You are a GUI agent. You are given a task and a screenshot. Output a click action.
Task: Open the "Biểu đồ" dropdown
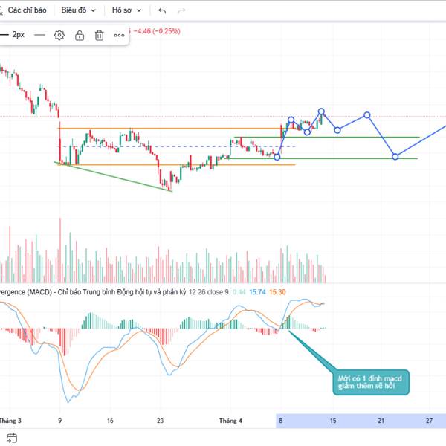click(x=79, y=11)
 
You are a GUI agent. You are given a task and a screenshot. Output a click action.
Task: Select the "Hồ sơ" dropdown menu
click(x=126, y=11)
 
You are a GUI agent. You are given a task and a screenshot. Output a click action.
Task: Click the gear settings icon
click(x=59, y=35)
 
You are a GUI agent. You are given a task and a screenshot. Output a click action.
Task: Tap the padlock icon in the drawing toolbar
click(x=80, y=35)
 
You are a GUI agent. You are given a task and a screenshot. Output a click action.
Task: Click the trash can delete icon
click(x=99, y=35)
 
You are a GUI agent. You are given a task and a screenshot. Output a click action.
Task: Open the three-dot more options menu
click(x=119, y=35)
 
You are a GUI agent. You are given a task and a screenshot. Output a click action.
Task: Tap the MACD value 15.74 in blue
click(x=257, y=292)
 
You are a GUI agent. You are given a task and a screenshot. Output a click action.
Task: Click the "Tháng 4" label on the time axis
click(x=230, y=421)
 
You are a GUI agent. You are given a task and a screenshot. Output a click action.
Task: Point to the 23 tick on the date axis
click(x=160, y=421)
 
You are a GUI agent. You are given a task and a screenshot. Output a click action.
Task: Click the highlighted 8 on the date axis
click(x=281, y=421)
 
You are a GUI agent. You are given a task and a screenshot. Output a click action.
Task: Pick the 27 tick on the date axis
click(x=429, y=421)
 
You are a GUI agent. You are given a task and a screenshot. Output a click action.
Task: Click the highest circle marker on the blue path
click(x=322, y=111)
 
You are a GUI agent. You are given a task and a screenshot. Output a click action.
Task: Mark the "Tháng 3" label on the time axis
click(x=10, y=421)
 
